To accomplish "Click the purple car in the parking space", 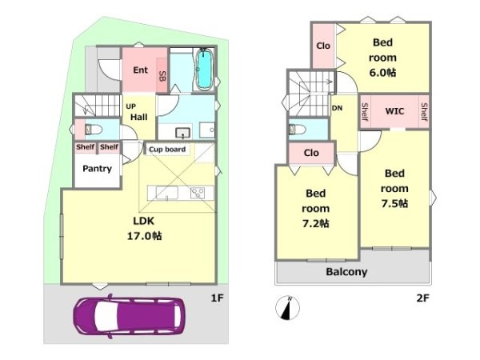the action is (129, 316).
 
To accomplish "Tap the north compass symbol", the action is (288, 308).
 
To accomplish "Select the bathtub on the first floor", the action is (204, 70).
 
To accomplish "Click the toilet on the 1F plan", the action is (93, 130).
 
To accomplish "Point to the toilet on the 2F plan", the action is (297, 130).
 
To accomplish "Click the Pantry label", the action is (97, 169).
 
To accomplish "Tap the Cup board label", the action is (167, 150).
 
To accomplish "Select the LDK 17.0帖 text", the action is (144, 228).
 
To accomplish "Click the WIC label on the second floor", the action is (394, 111).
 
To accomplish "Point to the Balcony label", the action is (346, 272).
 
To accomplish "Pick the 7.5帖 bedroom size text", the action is (394, 203).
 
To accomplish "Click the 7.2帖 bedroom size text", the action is (316, 224).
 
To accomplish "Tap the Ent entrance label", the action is (141, 70).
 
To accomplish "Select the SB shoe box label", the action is (162, 76).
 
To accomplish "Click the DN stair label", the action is (337, 108).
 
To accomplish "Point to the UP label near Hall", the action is (130, 106).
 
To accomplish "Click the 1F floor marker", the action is (218, 298).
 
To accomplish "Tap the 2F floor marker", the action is (422, 298).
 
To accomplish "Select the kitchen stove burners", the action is (198, 193).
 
